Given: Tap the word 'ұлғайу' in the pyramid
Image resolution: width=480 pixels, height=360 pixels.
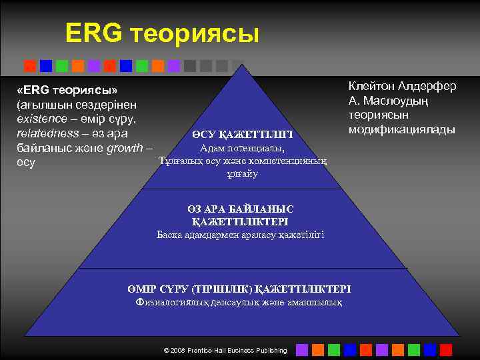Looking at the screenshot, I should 242,174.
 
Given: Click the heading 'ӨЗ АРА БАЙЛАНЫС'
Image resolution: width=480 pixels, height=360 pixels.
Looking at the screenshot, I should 241,209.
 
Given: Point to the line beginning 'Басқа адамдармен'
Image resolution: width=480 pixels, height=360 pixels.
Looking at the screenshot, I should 241,234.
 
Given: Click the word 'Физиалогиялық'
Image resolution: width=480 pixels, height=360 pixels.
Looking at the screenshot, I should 169,302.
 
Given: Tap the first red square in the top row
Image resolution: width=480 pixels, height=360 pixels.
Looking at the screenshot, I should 30,65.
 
